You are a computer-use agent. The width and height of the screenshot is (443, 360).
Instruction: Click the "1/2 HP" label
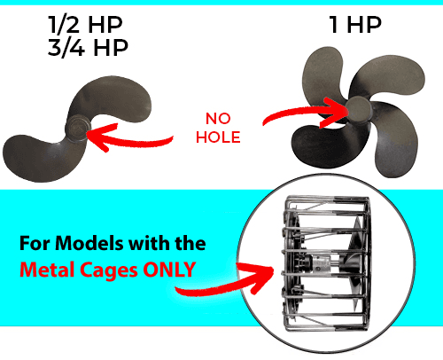coord(85,24)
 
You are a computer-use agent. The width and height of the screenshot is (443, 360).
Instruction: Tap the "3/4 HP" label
coord(88,47)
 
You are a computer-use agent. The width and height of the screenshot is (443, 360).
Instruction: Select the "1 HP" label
coord(355,25)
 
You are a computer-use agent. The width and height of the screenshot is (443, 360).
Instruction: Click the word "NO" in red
coord(218,119)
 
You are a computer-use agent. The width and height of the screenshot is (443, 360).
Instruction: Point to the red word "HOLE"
coord(218,137)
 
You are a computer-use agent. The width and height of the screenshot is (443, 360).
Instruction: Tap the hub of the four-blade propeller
coord(359,109)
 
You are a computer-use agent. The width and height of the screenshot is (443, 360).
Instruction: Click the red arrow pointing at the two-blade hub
coord(130,139)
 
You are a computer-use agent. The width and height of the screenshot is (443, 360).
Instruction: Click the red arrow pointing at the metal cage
coord(224,281)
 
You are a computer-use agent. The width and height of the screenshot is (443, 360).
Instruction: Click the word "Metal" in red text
coord(46,270)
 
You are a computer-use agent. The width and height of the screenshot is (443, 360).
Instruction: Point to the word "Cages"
coord(109,270)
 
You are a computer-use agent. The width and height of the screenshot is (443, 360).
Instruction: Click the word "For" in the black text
coord(35,243)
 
